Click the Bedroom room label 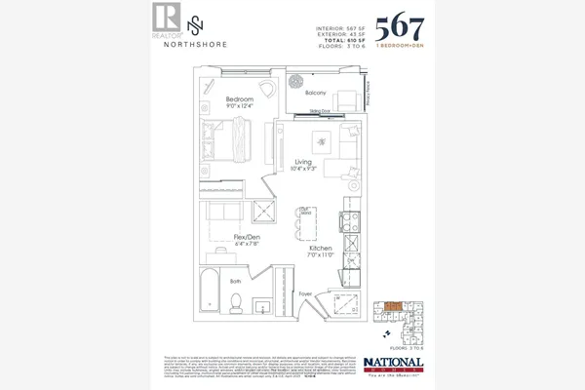[240, 99]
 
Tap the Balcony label [314, 94]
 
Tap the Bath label [235, 281]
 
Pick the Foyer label [304, 292]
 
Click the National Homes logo [395, 363]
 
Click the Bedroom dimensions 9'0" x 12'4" [240, 107]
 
